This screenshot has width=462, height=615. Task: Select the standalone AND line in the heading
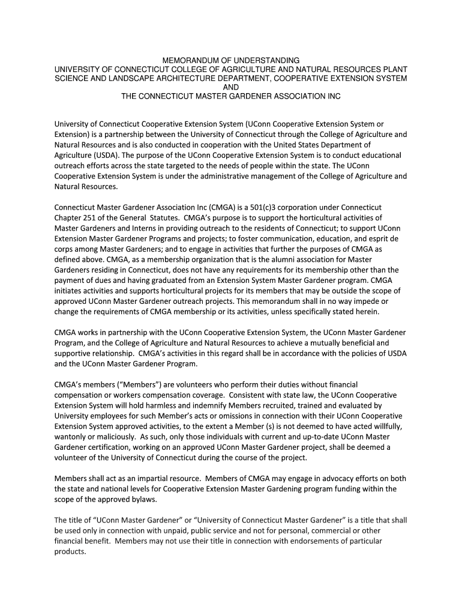pos(231,87)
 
